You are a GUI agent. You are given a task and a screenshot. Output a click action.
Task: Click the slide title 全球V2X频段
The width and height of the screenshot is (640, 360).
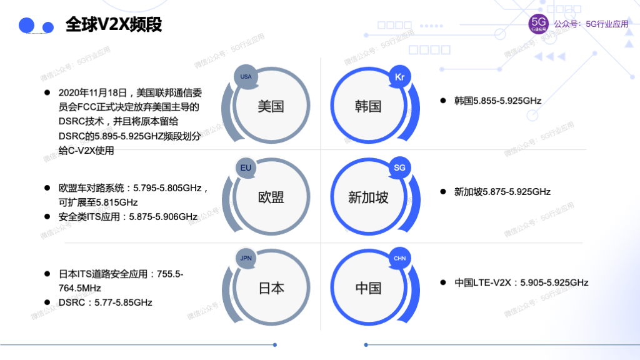114,25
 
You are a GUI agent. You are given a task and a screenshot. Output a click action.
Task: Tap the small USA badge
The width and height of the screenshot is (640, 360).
246,76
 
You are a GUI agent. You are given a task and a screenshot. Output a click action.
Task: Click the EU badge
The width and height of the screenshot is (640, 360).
246,167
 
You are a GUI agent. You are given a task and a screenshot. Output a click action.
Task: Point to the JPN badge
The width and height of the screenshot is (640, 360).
246,258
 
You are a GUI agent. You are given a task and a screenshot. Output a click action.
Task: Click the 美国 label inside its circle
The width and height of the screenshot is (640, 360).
271,106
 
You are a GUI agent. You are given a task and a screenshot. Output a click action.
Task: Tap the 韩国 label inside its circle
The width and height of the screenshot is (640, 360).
367,106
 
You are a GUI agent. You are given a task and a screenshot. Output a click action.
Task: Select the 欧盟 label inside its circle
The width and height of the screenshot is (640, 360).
271,197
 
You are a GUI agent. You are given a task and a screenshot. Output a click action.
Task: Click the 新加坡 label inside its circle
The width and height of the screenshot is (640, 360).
368,197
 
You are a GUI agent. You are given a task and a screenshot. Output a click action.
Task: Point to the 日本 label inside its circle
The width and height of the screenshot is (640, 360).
271,288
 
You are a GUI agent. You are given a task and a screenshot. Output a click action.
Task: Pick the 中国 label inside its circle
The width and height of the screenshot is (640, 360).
368,288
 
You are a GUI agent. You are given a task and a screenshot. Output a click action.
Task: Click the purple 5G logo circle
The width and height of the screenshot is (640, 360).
538,24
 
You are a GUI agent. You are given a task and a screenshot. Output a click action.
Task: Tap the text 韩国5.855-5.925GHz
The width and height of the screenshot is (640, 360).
497,101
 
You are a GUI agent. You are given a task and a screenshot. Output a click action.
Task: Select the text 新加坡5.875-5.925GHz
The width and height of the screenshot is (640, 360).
502,192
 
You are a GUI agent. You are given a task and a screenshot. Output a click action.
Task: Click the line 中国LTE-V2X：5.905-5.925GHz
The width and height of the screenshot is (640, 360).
521,282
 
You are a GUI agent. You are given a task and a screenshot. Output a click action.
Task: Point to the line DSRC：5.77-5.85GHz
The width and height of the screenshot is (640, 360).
105,302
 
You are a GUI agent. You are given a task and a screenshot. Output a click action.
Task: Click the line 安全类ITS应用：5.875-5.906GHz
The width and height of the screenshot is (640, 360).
127,217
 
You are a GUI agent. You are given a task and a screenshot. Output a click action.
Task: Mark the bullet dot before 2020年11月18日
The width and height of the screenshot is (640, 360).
47,92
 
